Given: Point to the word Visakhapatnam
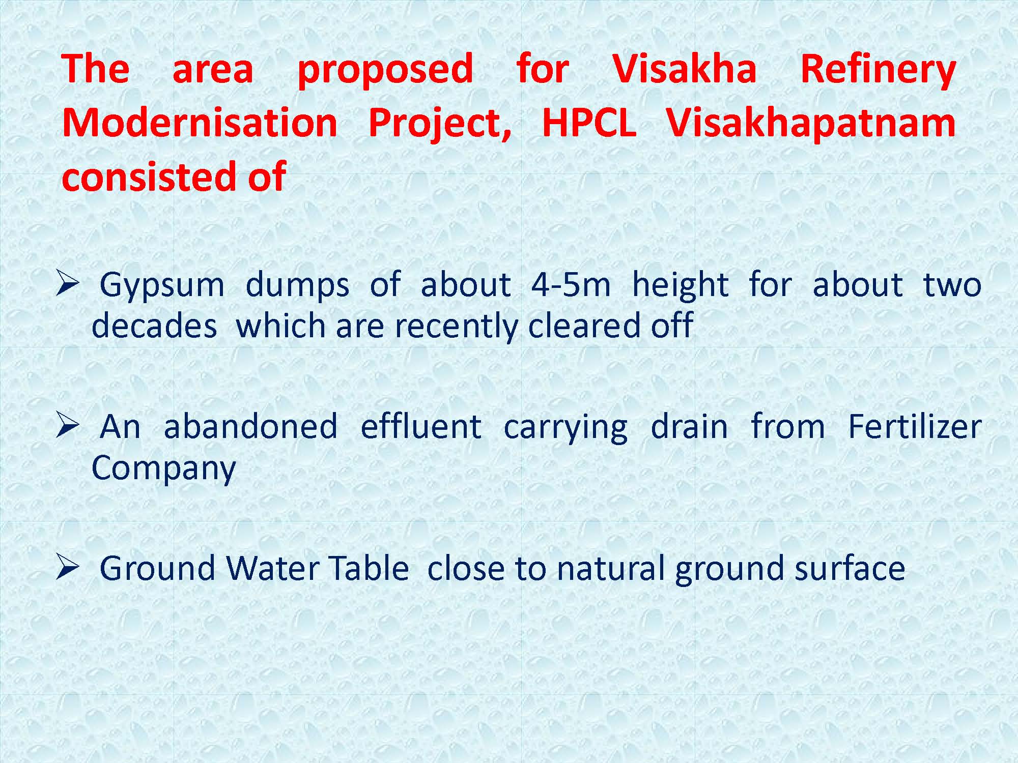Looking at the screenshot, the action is coord(811,124).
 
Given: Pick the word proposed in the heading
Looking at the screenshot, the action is coord(385,71).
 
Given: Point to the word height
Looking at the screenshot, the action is coord(680,285).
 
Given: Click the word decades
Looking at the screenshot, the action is coord(154,326).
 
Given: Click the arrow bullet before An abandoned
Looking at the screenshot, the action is coord(67,426).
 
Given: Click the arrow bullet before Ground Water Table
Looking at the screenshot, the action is coord(67,568).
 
